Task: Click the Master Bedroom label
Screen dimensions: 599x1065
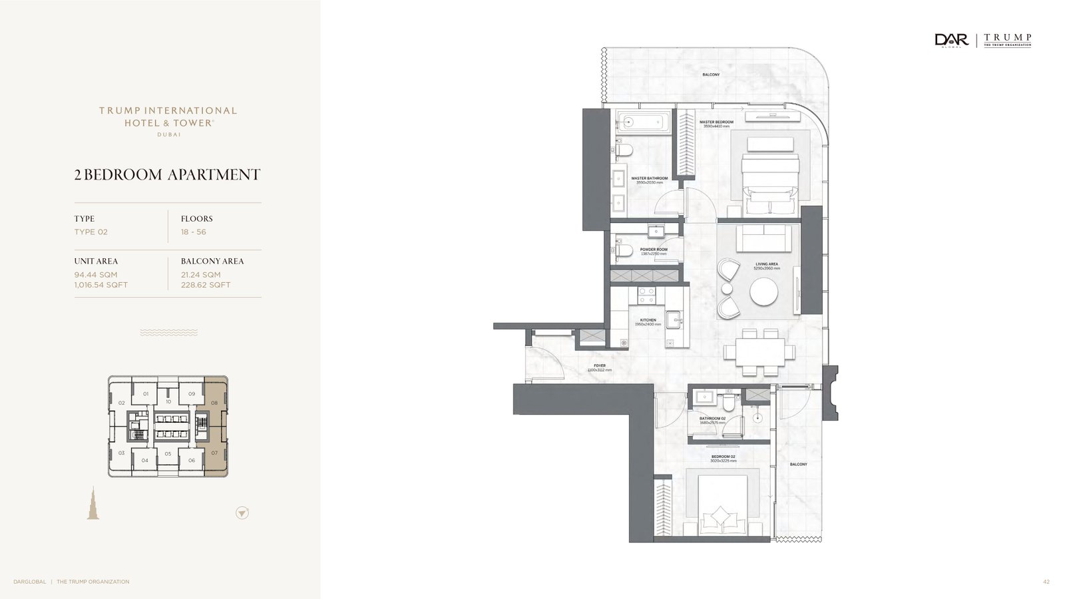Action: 716,122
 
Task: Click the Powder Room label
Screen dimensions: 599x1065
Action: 653,250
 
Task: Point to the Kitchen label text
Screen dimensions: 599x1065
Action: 648,320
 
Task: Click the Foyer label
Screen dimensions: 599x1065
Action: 599,366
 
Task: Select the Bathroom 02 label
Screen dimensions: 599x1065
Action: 712,419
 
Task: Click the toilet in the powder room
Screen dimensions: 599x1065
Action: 623,251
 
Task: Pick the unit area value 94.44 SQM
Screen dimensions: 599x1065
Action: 96,274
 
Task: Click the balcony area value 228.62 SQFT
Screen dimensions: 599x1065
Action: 206,285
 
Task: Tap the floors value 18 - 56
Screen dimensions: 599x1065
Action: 193,232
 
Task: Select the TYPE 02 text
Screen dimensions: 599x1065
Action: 91,232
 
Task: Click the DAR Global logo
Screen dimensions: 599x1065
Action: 951,41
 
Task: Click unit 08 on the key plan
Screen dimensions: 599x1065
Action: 214,403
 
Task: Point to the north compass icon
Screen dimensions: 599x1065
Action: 242,512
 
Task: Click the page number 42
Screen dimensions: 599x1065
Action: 1046,582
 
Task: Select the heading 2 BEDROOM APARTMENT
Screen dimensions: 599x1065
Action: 167,174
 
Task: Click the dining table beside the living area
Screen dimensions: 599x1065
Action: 759,352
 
